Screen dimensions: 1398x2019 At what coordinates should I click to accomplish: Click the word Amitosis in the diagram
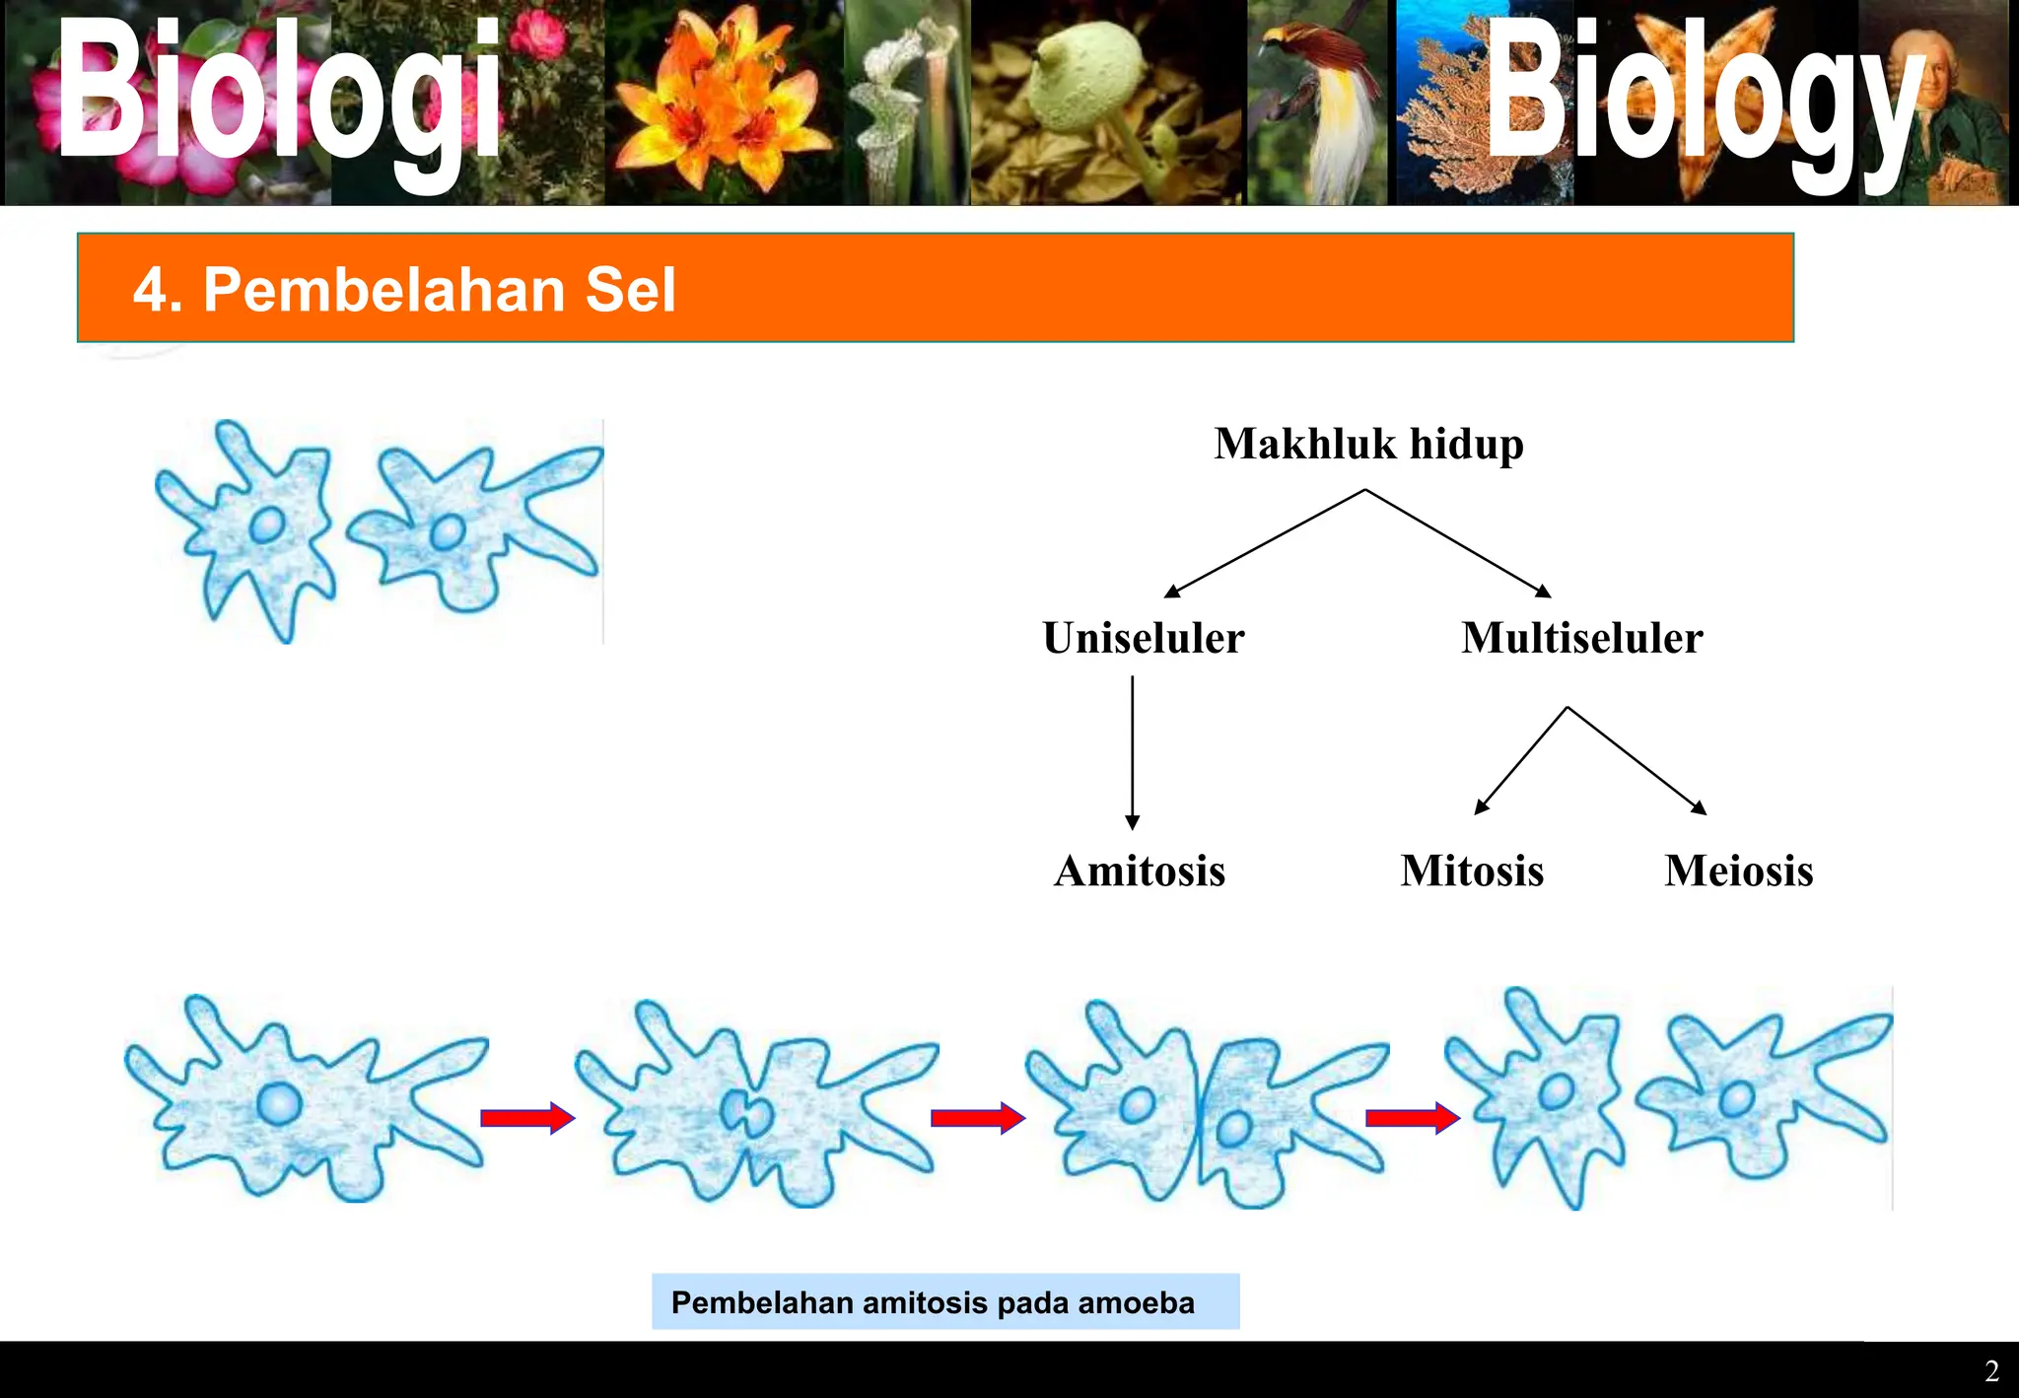(x=1139, y=871)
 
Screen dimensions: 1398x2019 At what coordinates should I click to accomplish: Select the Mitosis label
(x=1472, y=871)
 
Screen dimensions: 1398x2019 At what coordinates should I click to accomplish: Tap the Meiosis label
(x=1738, y=871)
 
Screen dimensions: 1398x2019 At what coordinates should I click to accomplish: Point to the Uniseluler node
(x=1144, y=638)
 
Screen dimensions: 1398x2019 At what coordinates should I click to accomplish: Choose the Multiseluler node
(x=1581, y=638)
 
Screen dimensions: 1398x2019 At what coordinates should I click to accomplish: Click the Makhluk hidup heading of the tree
(x=1368, y=444)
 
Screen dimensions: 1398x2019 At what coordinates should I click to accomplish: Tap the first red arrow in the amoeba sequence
(x=526, y=1118)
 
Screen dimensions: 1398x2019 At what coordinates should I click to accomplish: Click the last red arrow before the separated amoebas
(x=1412, y=1118)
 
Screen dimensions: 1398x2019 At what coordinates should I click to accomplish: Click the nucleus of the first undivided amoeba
(x=279, y=1103)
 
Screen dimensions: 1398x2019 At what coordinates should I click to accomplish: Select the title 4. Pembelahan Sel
(x=404, y=290)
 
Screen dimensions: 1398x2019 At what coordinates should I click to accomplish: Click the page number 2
(x=1991, y=1371)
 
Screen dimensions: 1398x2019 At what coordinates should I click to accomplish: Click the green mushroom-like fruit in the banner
(x=1084, y=89)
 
